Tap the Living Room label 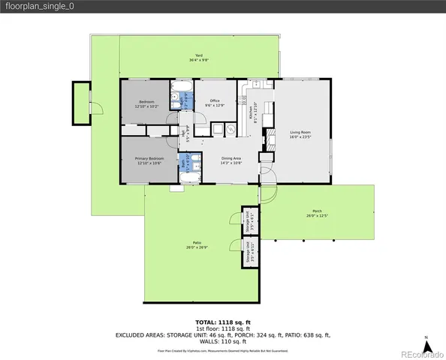point(300,134)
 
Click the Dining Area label point(231,160)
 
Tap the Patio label point(197,244)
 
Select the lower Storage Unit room point(249,251)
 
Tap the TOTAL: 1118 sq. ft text point(222,320)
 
